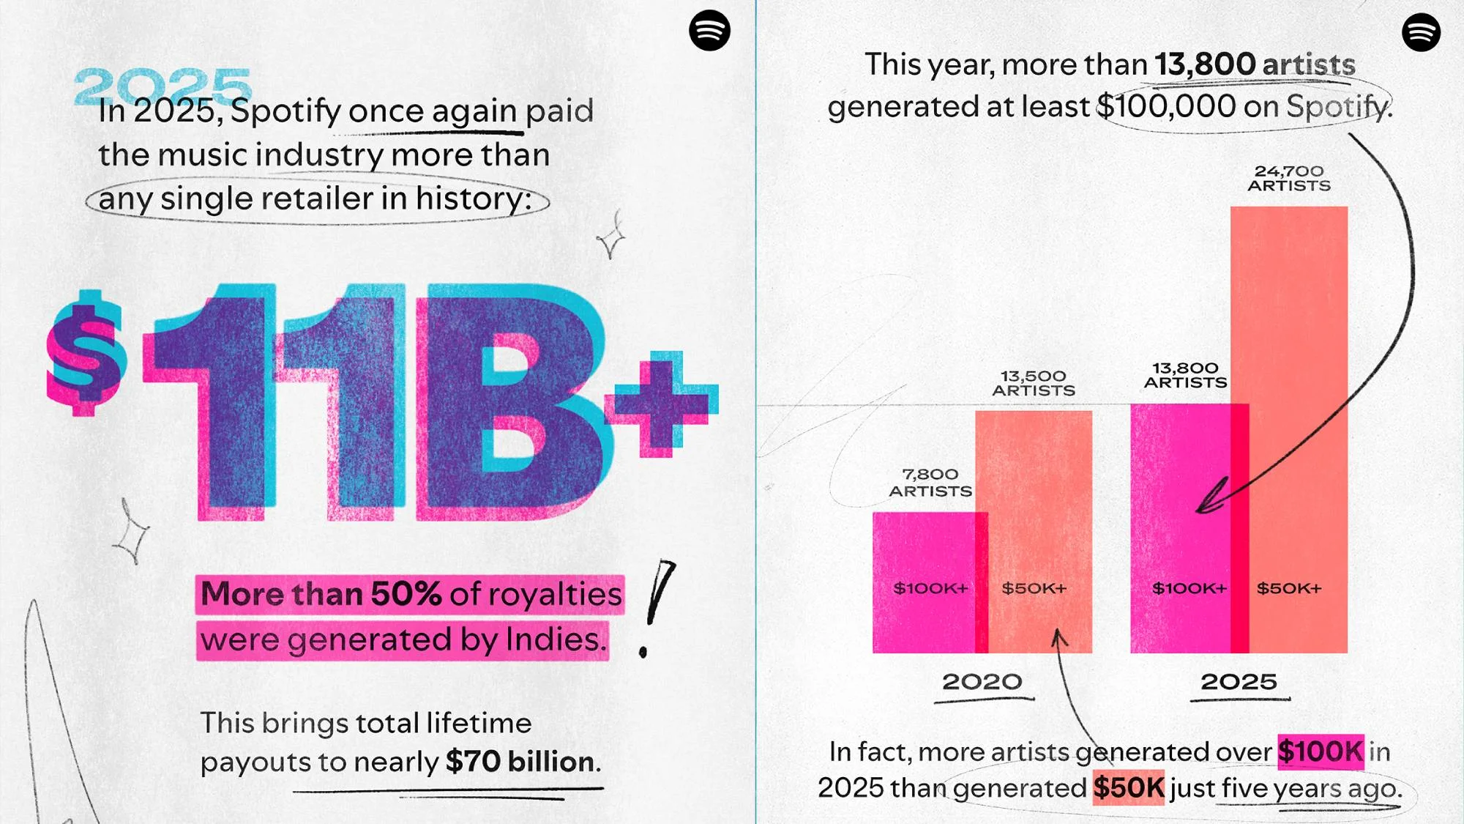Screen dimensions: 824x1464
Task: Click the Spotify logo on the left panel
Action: [709, 31]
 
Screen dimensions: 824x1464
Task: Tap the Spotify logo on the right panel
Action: [1421, 32]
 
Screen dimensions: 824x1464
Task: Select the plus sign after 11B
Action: [661, 403]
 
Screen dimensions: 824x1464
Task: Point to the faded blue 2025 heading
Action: [163, 86]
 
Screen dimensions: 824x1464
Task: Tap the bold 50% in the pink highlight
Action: [406, 594]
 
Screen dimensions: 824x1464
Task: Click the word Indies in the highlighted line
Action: [556, 639]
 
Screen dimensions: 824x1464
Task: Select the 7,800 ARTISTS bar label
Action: [930, 483]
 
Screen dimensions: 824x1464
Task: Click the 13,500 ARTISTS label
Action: [1034, 383]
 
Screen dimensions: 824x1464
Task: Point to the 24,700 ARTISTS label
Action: [1289, 178]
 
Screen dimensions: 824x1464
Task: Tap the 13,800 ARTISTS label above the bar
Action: [1185, 375]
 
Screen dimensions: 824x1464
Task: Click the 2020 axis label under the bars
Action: [982, 682]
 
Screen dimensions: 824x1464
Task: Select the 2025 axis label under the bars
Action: [1239, 682]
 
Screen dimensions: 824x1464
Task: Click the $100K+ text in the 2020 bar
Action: [930, 588]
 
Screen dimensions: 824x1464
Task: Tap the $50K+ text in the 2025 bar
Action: [1289, 588]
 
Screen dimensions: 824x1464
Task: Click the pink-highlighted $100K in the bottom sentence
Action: [1320, 751]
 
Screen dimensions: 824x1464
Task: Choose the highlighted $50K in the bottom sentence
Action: [1128, 788]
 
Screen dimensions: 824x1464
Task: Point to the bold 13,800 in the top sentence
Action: [1205, 64]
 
